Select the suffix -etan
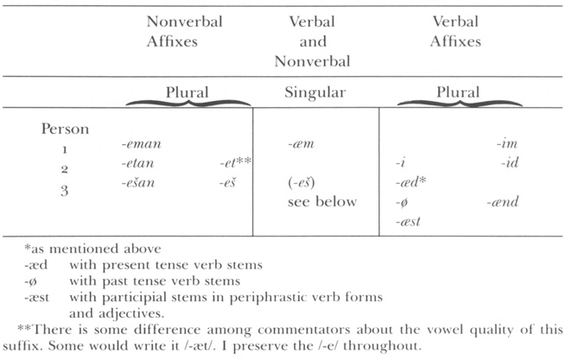click(x=141, y=163)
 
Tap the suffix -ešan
click(x=141, y=183)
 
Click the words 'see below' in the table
click(x=315, y=202)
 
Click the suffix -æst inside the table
click(x=405, y=222)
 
